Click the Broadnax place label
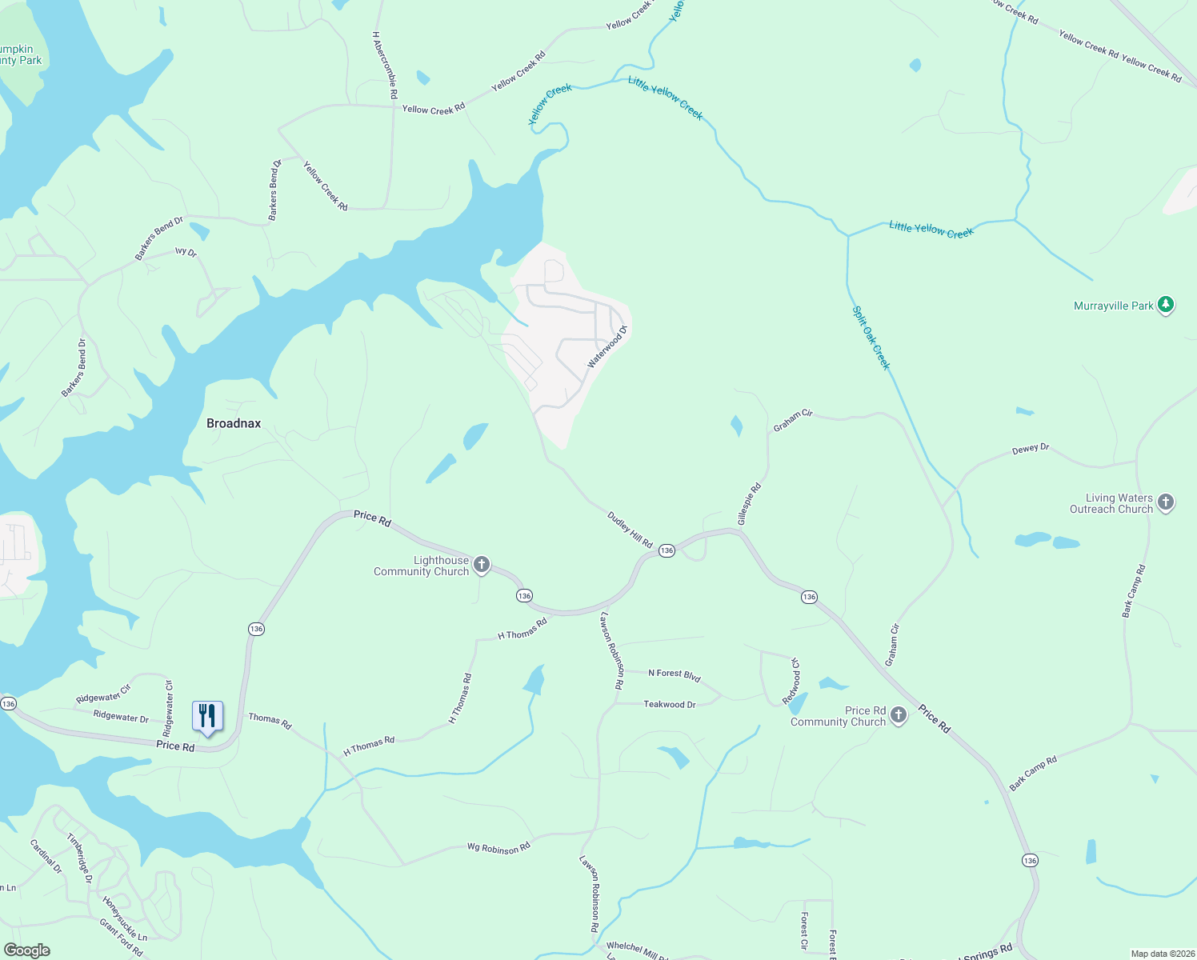(x=234, y=423)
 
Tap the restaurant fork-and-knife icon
(x=207, y=715)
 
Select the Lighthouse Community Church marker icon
(x=482, y=566)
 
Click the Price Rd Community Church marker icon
(x=899, y=715)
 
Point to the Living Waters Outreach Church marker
(x=1166, y=502)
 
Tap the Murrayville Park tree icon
(x=1167, y=306)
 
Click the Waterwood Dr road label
(x=607, y=346)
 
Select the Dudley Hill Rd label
(x=630, y=530)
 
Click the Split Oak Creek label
(x=871, y=338)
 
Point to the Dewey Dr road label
(x=1031, y=449)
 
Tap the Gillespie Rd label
(x=749, y=504)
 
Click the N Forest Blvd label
(x=674, y=675)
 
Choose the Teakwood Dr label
(x=670, y=705)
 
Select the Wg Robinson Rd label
(x=498, y=848)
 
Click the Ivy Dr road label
(x=186, y=251)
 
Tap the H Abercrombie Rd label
(x=385, y=65)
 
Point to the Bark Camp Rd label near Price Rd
(x=1033, y=774)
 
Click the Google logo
(x=26, y=950)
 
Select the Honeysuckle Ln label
(x=125, y=918)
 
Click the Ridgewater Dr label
(x=121, y=717)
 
